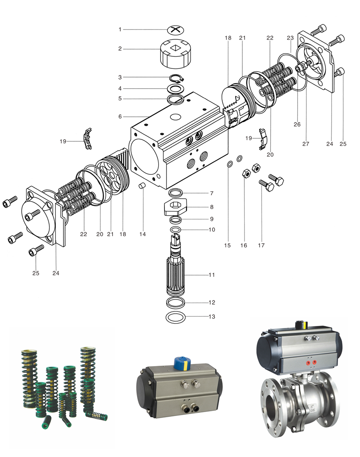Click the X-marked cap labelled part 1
tap(175, 30)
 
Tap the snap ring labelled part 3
tap(177, 78)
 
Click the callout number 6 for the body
tap(120, 117)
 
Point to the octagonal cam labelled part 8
tap(175, 207)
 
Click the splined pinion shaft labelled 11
tap(175, 266)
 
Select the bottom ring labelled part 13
tap(175, 317)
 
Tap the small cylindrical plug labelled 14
tap(142, 186)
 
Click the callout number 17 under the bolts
tap(261, 245)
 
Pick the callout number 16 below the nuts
tap(244, 245)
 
